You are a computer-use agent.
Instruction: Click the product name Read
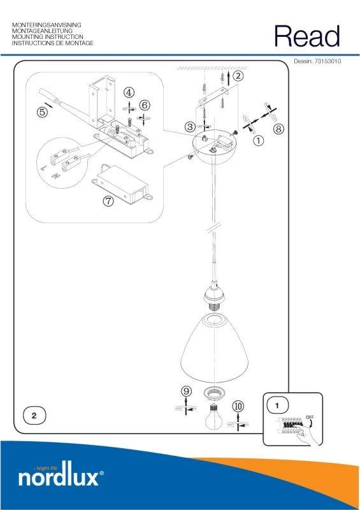point(307,36)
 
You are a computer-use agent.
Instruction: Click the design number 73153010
point(328,61)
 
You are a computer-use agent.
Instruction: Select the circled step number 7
point(108,201)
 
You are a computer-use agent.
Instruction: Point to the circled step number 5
point(42,113)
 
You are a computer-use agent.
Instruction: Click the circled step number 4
point(129,92)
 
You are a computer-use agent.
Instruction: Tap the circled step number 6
point(145,105)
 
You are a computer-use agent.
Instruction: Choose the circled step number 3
point(191,127)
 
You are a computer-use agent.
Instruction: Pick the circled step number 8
point(278,129)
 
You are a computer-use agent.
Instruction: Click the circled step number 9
point(186,391)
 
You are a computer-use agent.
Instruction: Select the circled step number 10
point(238,406)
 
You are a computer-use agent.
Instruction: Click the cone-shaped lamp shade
point(214,347)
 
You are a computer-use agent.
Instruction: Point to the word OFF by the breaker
point(310,418)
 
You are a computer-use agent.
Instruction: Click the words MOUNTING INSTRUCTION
point(48,37)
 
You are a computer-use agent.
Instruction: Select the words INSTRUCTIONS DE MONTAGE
point(53,43)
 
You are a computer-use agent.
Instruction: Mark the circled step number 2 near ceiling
point(238,76)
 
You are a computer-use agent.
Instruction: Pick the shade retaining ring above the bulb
point(213,393)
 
